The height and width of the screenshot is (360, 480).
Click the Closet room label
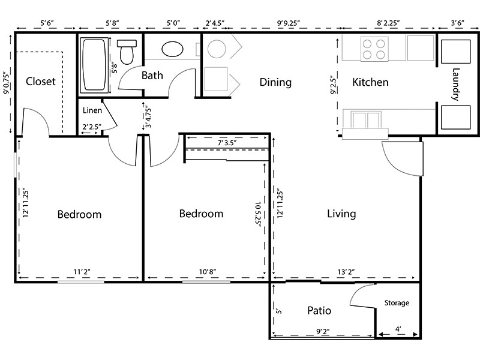coord(40,82)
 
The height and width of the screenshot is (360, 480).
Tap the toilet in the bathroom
coord(127,52)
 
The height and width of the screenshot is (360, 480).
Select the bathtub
coord(94,65)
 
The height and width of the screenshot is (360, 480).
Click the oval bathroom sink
coord(172,49)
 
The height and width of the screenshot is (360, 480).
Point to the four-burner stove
coord(374,49)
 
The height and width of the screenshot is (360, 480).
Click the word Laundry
coord(456,84)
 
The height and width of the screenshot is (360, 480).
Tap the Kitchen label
coord(370,82)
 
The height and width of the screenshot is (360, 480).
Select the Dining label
coord(275,82)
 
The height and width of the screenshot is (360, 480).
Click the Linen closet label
coord(92,110)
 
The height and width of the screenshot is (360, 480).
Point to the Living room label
coord(341,214)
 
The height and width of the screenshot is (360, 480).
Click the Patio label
coord(319,310)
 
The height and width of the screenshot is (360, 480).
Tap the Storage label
coord(397,303)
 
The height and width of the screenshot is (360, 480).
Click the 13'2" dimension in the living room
coord(346,272)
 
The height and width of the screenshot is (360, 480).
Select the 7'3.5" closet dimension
coord(227,143)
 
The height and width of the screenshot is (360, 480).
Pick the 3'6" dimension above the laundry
coord(457,23)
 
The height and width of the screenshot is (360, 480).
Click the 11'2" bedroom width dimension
coord(82,272)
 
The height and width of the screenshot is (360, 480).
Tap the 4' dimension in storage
coord(398,329)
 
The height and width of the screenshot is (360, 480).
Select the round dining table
coord(217,49)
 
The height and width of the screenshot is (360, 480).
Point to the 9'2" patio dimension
coord(323,332)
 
